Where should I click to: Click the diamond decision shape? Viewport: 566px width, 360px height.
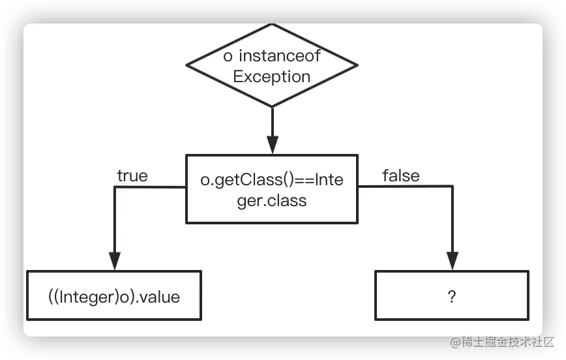coord(272,65)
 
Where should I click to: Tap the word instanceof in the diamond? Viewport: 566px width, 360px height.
coord(280,56)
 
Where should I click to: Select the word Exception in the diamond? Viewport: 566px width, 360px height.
coord(272,76)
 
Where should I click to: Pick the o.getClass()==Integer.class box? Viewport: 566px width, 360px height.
coord(272,188)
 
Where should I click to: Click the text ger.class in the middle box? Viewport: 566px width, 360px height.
coord(272,201)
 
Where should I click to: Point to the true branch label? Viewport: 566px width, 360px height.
coord(132,176)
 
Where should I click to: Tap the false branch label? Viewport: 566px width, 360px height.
coord(401,175)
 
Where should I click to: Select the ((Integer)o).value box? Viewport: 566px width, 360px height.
coord(114,297)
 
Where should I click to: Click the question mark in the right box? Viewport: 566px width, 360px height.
coord(451,297)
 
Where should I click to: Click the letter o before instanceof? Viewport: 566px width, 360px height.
coord(228,56)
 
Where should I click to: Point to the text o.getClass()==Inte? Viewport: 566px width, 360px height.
coord(272,181)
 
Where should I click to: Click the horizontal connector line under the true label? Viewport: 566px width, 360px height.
coord(150,187)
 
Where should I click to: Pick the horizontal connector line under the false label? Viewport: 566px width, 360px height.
coord(404,187)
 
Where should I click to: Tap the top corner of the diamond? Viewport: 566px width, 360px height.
coord(272,27)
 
